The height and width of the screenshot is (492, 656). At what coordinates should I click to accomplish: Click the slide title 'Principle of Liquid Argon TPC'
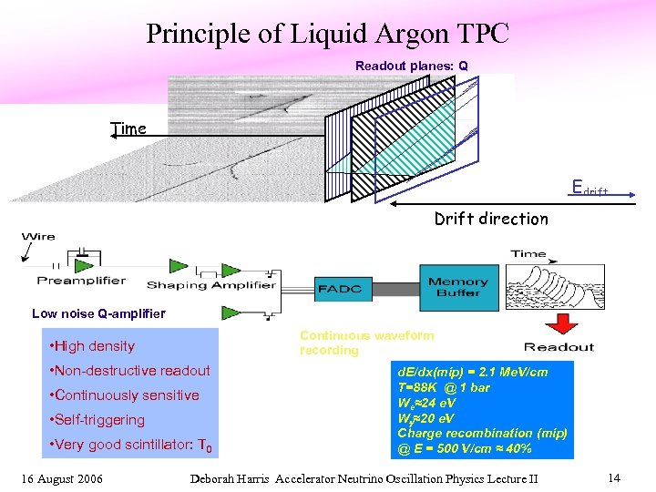[x=327, y=34]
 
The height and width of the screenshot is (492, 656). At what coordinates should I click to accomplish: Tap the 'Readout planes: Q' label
[x=411, y=66]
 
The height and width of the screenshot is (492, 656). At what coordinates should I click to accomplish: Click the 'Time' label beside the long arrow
[x=128, y=128]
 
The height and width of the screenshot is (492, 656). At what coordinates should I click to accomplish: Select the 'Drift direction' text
[x=491, y=219]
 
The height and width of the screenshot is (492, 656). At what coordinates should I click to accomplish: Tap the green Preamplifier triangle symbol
[x=85, y=265]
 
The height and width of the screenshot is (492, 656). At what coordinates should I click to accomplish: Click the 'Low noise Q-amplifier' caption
[x=98, y=313]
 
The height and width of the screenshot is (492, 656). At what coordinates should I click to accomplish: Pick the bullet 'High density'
[x=94, y=346]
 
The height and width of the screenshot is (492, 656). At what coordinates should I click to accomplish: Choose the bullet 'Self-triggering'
[x=99, y=420]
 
